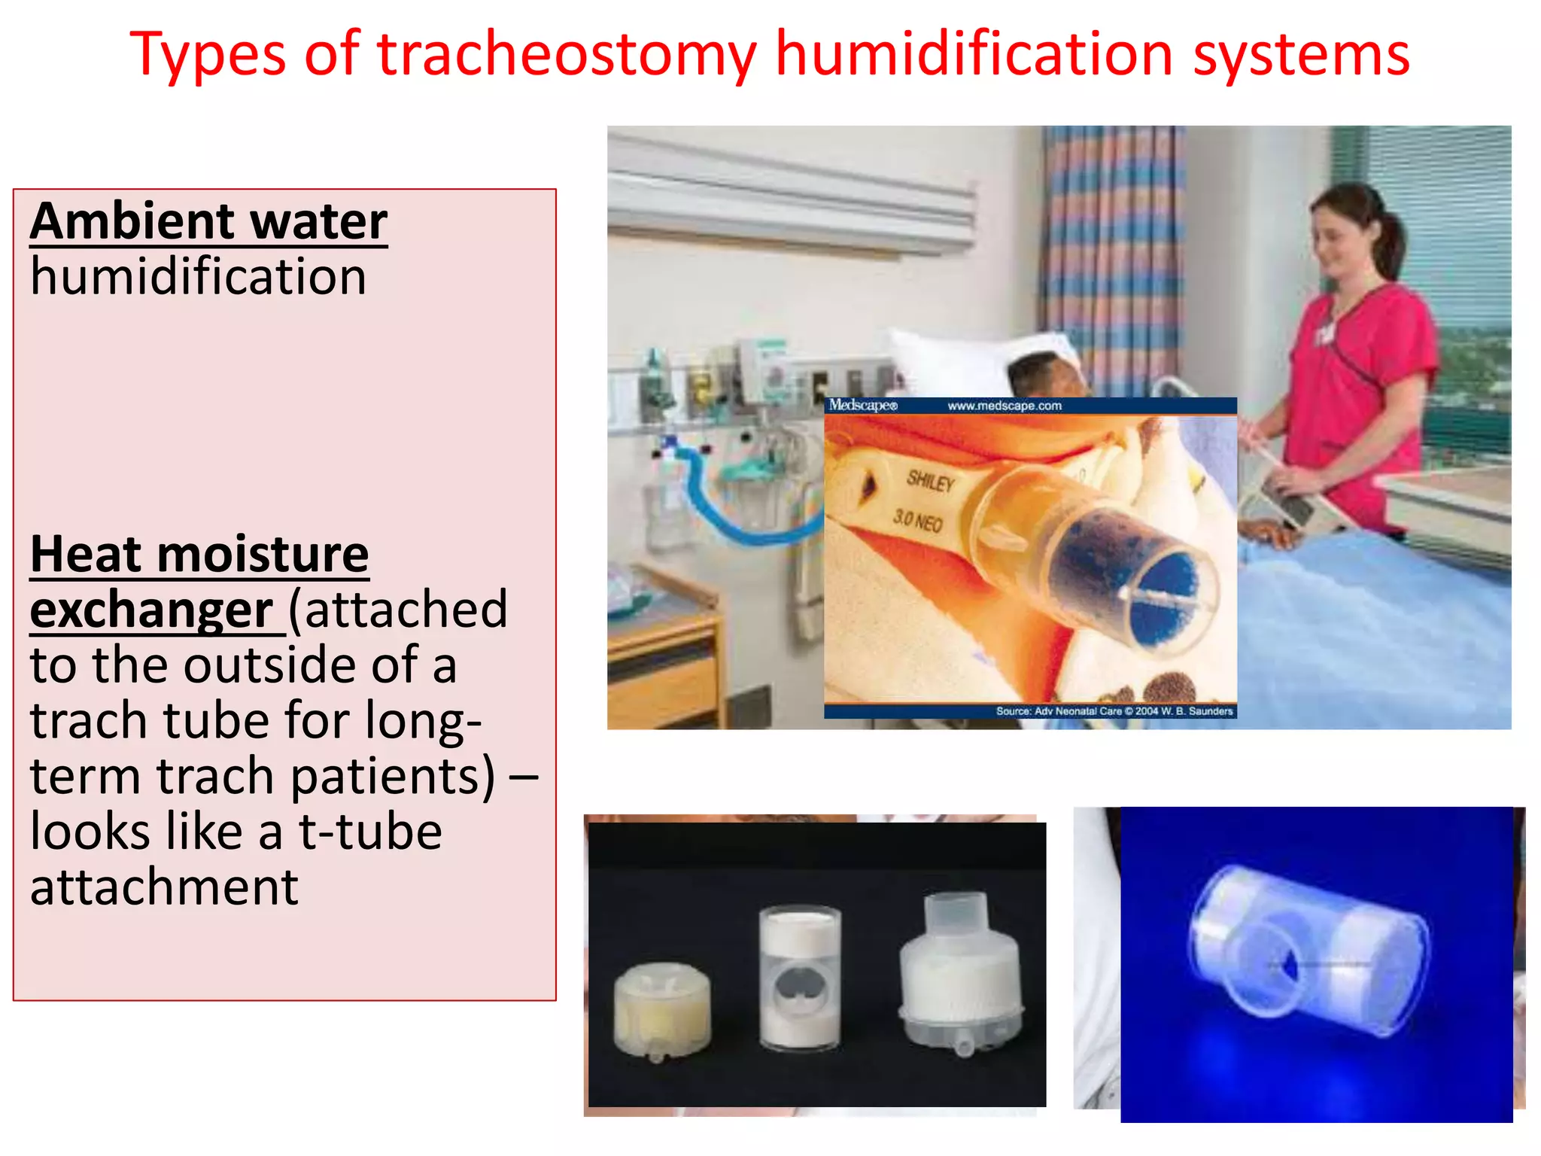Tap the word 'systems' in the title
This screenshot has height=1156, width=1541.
click(1301, 54)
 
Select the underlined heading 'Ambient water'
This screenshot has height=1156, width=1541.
click(208, 221)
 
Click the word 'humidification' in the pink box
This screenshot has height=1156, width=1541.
click(198, 276)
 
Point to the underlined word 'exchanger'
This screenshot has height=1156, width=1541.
click(151, 610)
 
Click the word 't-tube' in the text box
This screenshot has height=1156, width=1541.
click(370, 832)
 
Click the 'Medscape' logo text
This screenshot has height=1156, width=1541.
click(862, 406)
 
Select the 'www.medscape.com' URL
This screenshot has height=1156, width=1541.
click(1004, 406)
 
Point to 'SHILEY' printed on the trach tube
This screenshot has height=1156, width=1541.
click(930, 480)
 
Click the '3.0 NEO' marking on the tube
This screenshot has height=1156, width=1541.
click(917, 519)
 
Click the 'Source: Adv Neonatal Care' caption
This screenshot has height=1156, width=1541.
click(1114, 710)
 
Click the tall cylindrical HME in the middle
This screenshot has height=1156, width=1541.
click(800, 978)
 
